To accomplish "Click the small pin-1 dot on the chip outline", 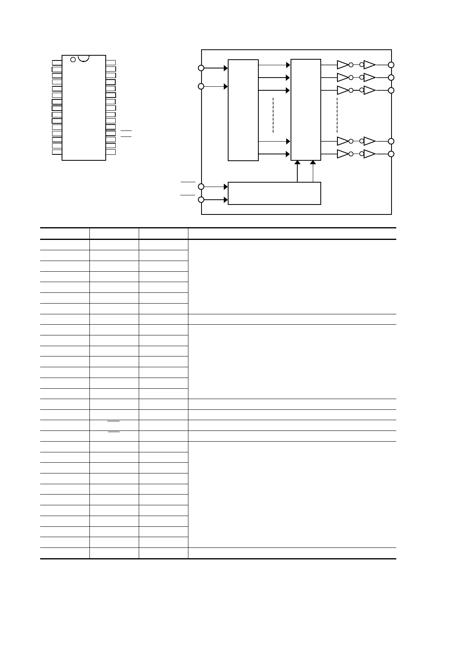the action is tap(73, 60).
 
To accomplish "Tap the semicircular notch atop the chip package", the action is tap(84, 58).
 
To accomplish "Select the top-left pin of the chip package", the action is tap(57, 62).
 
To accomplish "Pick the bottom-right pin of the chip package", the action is tap(111, 152).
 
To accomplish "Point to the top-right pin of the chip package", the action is tap(111, 62).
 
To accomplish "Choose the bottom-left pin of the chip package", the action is tap(57, 152).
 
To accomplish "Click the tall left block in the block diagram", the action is tap(243, 110).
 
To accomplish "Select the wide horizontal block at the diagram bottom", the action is tap(274, 193).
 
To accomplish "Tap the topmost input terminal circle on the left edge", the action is tap(201, 68).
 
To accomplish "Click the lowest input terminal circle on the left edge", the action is tap(201, 200).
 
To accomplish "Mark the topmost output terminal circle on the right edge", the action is tap(391, 65).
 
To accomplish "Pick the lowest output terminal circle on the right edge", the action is tap(391, 154).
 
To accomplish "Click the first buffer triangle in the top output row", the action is tap(342, 64).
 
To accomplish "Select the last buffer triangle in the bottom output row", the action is tap(369, 154).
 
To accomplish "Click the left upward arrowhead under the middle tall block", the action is tap(297, 163).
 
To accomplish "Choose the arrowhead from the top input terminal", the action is tap(226, 68).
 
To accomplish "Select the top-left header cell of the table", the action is tap(65, 234).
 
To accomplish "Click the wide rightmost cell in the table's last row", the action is tap(292, 553).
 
